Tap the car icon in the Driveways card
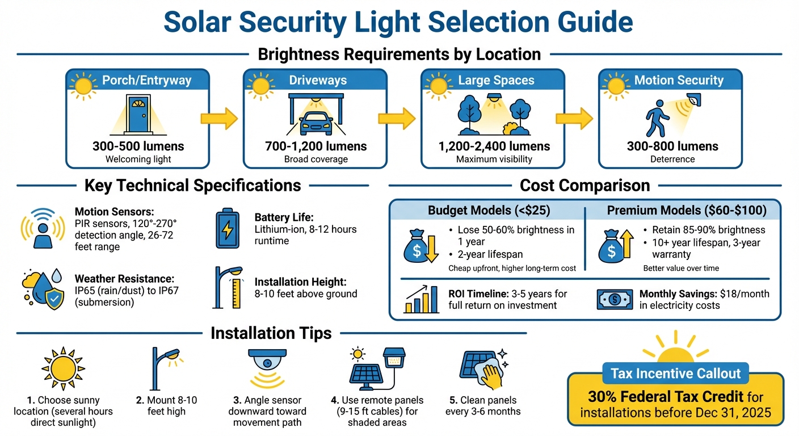point(316,121)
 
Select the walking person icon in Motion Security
point(658,118)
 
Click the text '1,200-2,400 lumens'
point(494,146)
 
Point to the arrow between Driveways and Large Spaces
point(397,118)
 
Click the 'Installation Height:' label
point(300,282)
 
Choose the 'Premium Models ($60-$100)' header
point(687,211)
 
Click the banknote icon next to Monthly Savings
point(615,299)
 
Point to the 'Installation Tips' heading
point(271,333)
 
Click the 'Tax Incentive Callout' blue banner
point(676,374)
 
